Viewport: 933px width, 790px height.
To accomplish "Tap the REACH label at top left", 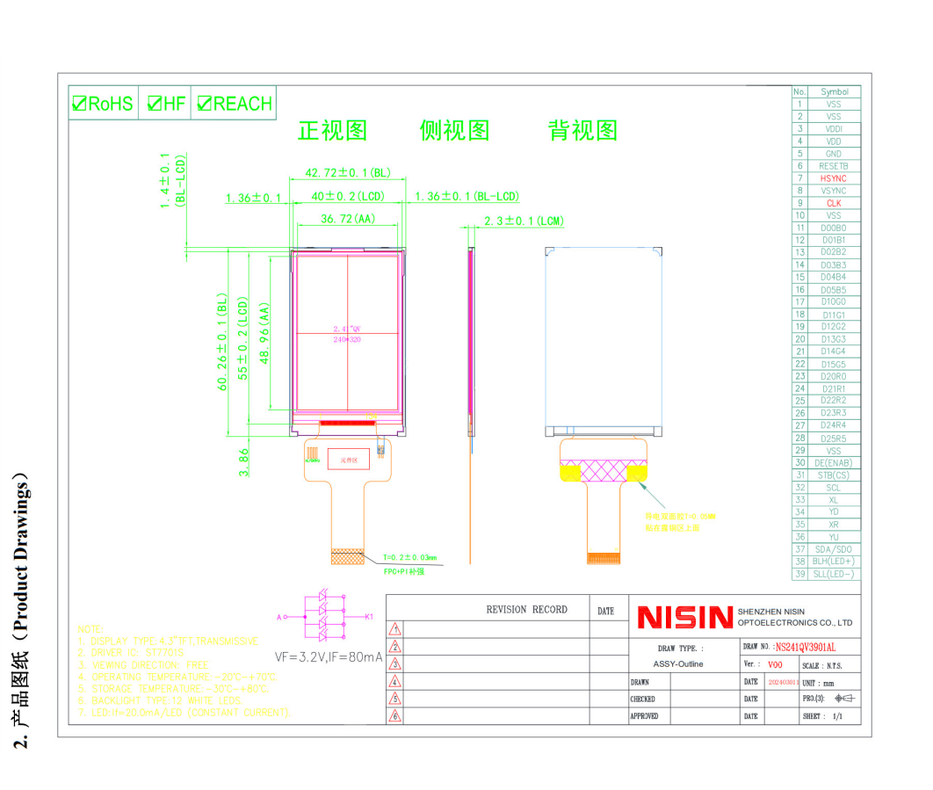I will click(242, 104).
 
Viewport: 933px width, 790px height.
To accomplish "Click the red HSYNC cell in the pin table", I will click(834, 178).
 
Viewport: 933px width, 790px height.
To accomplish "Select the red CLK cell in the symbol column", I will click(834, 203).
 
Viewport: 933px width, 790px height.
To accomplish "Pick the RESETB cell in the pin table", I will click(834, 166).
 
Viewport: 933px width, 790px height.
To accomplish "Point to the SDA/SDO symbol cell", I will click(834, 549).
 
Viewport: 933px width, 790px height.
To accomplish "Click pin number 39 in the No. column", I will click(799, 574).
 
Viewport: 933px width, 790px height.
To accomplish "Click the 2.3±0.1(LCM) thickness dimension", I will click(524, 221).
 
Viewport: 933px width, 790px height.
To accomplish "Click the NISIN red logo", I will click(684, 618).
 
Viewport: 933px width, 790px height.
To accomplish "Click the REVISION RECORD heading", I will click(526, 610).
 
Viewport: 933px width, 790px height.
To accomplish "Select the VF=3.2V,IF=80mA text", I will click(328, 656).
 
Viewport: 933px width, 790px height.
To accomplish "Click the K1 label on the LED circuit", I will click(369, 617).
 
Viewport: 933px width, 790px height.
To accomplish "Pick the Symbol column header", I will click(834, 91).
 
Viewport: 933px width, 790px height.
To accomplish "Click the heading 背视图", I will click(582, 131).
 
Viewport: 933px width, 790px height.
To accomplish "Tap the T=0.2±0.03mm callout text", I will click(409, 558).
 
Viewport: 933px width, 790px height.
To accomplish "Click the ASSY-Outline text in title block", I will click(678, 664).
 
